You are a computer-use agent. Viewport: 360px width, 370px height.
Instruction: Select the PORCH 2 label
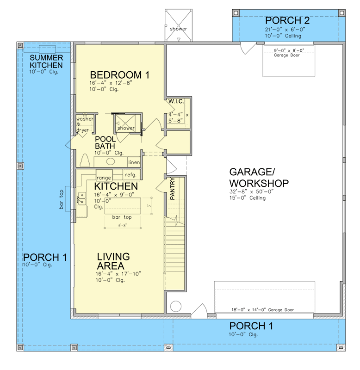click(287, 20)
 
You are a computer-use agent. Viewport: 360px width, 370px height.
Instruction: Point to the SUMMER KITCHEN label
click(46, 62)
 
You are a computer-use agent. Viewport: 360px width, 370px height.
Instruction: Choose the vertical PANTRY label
click(172, 188)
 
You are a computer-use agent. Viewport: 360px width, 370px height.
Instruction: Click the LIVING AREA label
click(113, 261)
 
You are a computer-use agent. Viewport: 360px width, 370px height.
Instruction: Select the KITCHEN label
click(116, 186)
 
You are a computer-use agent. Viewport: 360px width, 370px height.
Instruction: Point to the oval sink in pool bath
click(111, 162)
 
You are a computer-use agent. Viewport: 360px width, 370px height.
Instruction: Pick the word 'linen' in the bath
click(134, 162)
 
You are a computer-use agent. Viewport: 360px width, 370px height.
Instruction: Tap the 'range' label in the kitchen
click(103, 177)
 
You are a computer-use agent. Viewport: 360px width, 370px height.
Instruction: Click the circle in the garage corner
click(176, 307)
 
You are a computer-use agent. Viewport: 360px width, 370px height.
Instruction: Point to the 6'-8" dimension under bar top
click(122, 226)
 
